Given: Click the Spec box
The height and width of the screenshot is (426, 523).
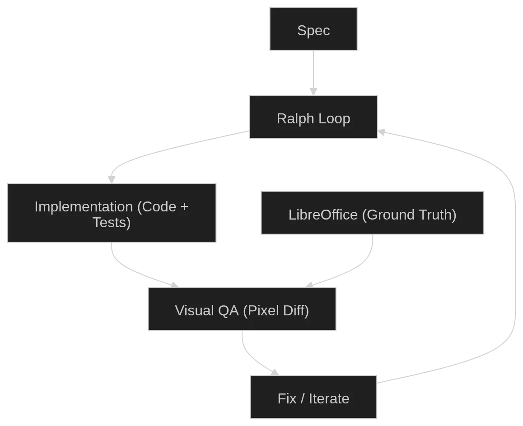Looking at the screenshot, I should (x=313, y=28).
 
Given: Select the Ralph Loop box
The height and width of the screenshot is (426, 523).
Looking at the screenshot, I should (x=313, y=117).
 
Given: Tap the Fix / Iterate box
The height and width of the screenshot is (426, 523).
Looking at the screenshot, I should (x=313, y=397).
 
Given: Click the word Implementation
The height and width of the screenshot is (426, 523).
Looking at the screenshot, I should (x=84, y=206).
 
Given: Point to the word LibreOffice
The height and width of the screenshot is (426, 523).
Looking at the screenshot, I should (x=323, y=215).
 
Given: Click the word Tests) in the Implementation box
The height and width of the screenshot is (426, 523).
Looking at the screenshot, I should (x=112, y=223).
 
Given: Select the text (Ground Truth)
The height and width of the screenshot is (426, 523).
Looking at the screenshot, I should (x=409, y=215).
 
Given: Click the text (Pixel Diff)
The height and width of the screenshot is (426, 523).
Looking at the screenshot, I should (x=276, y=310).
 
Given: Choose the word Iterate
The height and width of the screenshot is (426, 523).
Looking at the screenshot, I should (x=329, y=398).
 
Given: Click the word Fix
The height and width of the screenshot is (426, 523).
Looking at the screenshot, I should (x=287, y=398).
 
